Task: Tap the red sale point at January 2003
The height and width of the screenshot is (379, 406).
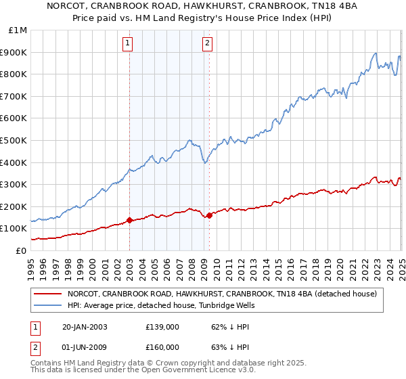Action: coord(129,220)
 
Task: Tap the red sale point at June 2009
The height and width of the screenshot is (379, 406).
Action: coord(209,215)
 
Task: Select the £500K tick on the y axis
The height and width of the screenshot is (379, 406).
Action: coord(16,141)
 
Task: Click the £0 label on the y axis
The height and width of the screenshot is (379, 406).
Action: coord(21,250)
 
